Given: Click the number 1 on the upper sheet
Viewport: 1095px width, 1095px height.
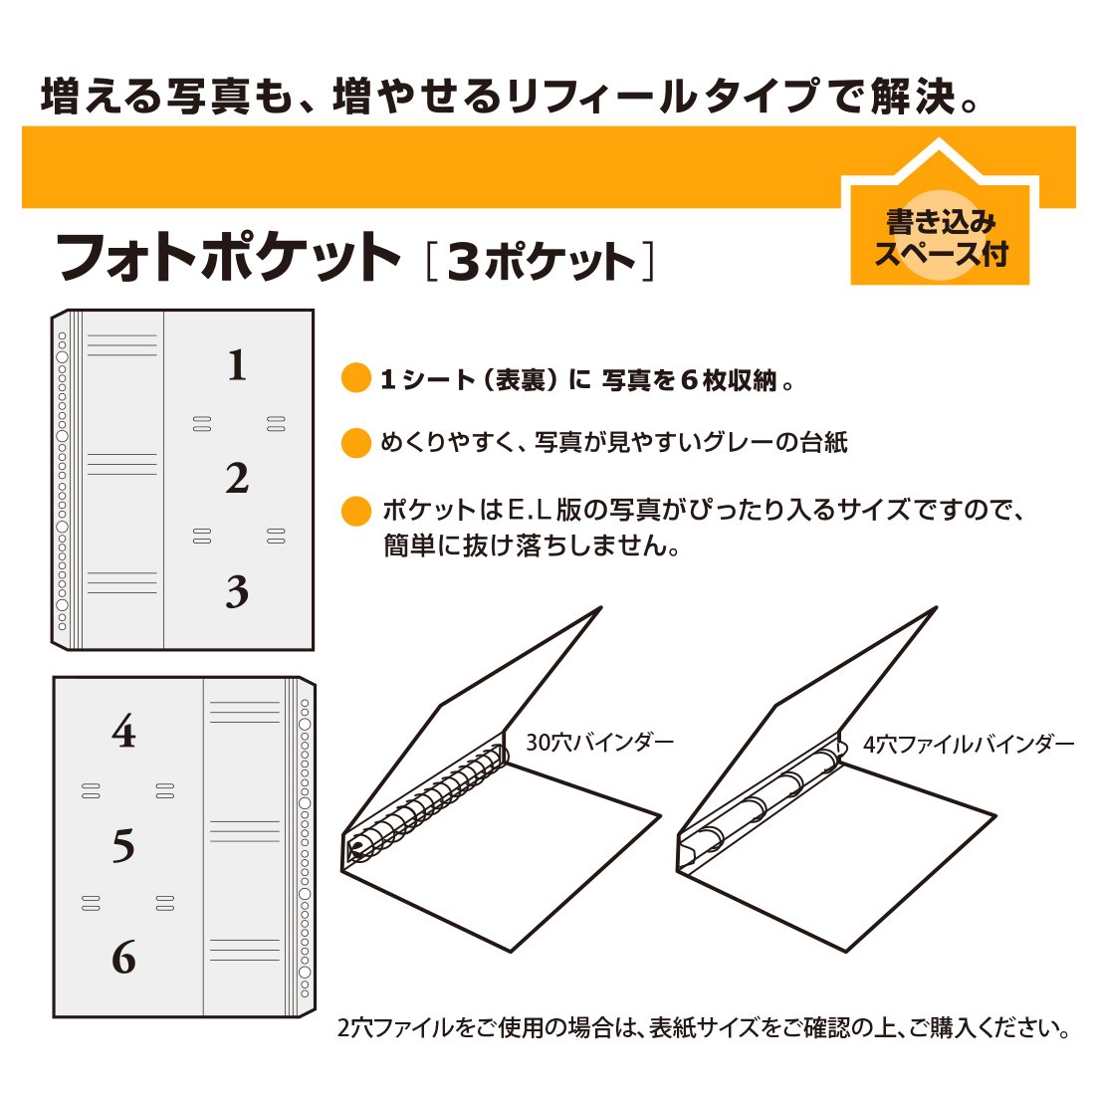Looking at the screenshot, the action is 238,365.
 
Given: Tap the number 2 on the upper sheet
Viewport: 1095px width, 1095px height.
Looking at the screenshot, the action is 238,479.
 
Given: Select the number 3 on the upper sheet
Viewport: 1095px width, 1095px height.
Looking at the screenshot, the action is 238,591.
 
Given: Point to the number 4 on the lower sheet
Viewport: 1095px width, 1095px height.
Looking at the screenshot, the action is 123,732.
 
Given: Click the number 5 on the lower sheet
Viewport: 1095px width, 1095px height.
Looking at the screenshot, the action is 123,845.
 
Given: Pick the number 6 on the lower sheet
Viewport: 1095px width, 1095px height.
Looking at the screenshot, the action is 123,957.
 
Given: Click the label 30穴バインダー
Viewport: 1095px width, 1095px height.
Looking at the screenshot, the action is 599,742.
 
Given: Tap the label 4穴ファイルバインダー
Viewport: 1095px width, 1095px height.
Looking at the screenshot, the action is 969,745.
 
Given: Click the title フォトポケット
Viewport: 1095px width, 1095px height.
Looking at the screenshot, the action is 228,257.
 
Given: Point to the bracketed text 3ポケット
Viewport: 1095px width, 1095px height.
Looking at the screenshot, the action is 541,261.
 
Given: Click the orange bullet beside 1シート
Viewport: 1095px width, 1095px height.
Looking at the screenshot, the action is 355,378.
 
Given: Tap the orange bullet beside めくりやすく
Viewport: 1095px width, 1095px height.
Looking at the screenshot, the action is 355,443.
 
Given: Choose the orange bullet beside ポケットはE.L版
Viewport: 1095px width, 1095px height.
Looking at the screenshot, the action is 355,511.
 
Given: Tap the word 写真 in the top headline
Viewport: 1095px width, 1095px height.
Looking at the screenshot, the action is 207,97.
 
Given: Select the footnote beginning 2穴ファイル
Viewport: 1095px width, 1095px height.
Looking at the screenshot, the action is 703,1028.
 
